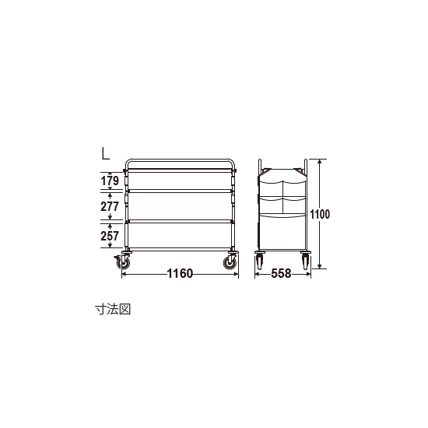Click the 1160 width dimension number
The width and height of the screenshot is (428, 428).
coord(180,273)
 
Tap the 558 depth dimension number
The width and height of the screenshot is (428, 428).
coord(281,273)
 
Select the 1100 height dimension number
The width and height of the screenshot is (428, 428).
coord(320,214)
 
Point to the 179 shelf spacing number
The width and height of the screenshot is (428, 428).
coord(110,181)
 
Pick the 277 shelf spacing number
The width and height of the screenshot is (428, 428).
coord(110,206)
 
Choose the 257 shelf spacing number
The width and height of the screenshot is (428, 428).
coord(110,236)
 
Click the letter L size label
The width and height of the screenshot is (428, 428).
coord(105,153)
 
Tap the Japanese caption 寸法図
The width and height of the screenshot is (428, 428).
coord(113,310)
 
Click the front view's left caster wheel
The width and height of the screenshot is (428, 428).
coord(125,263)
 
